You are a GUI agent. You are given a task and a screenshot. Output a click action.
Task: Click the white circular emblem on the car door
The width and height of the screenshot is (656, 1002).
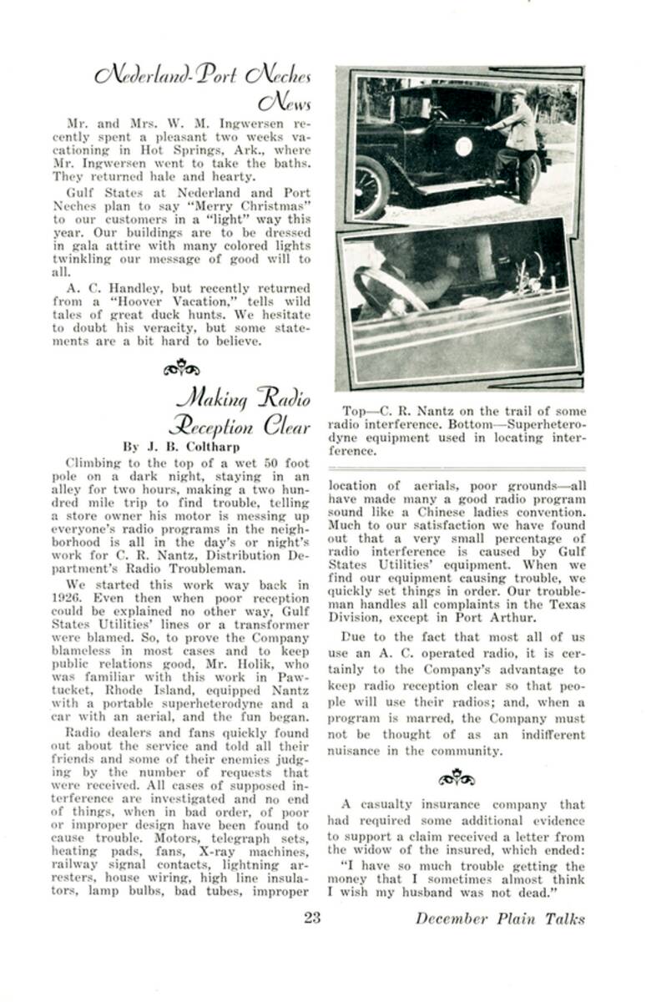click(464, 146)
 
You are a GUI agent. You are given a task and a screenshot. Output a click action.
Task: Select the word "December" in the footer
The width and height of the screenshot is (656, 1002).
click(452, 918)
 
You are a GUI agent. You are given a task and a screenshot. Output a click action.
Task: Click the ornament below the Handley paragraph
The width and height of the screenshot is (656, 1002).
click(180, 367)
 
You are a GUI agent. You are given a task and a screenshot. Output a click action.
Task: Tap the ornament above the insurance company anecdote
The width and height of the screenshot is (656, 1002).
click(457, 779)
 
